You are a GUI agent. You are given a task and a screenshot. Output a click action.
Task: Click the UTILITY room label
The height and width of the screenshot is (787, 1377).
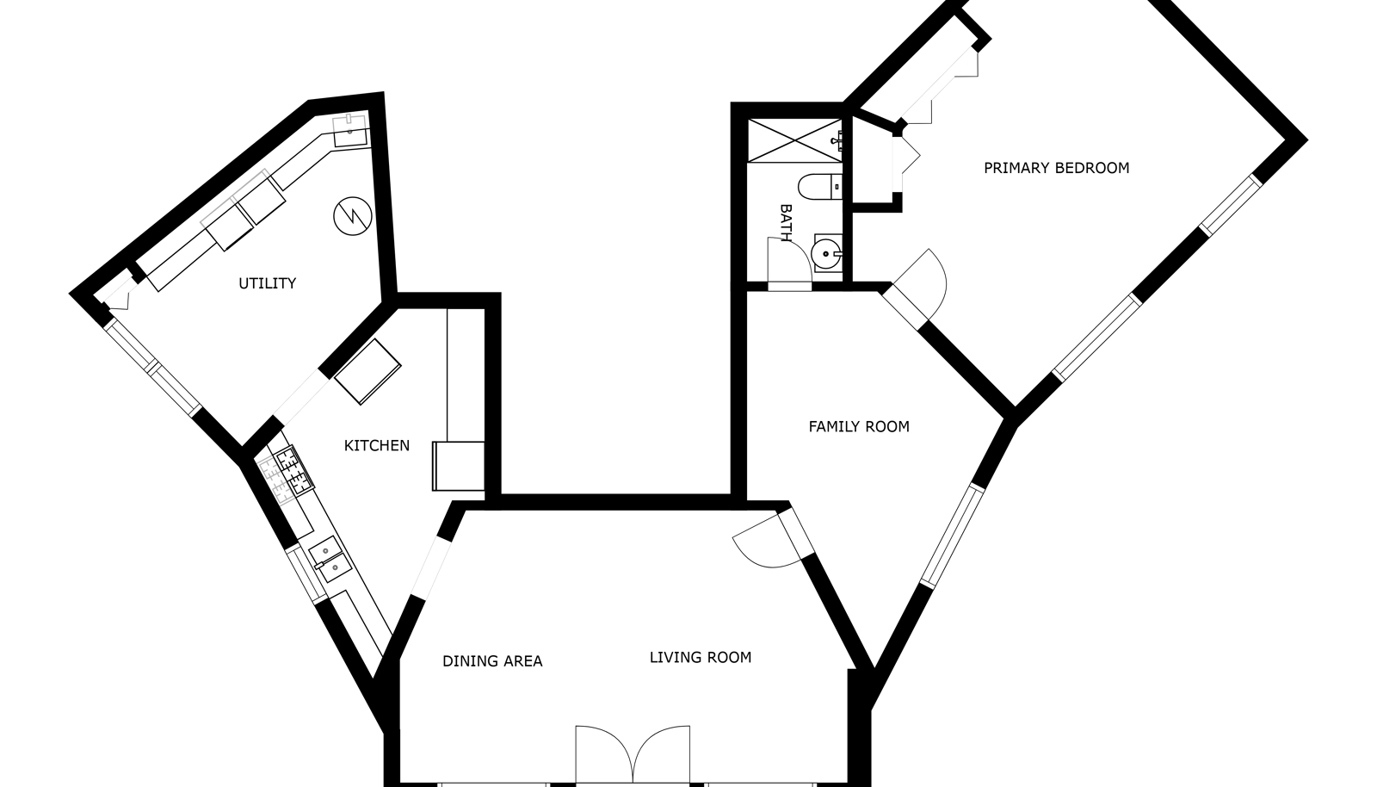268,283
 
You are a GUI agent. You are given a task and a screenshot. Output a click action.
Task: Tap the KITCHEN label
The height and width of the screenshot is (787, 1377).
377,446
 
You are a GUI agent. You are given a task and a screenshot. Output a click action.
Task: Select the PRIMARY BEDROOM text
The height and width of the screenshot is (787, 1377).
1057,168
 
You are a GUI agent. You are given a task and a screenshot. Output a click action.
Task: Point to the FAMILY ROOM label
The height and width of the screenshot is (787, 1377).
859,427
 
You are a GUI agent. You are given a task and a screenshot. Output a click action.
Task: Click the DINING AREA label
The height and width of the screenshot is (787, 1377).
492,661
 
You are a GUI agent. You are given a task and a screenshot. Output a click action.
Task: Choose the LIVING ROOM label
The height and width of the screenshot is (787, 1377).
701,658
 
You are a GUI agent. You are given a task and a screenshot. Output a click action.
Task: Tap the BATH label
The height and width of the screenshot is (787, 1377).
785,223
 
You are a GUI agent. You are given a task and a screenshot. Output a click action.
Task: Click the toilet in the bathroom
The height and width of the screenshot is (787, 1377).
820,186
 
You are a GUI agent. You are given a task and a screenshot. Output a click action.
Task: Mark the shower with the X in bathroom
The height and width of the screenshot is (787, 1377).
794,141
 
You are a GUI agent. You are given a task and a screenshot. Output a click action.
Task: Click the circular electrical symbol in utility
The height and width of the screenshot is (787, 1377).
353,216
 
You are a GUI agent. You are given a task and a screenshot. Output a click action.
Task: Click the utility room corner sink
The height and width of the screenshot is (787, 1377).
351,130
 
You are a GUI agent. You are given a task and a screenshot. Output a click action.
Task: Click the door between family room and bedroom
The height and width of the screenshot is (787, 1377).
914,287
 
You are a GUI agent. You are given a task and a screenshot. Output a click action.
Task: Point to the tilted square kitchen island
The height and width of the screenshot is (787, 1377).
367,371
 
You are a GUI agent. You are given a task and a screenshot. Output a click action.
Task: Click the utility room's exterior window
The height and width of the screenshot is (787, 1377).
152,367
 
